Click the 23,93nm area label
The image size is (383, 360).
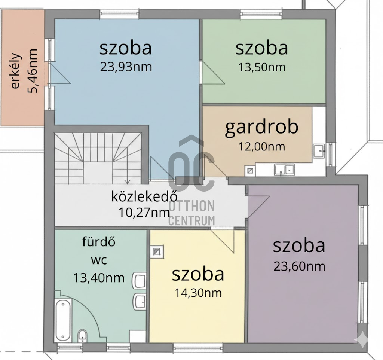126,67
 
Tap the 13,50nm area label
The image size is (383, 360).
262,67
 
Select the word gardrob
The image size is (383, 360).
261,127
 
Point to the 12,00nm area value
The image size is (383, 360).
261,147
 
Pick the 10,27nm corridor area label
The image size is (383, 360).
144,213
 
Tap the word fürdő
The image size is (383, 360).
99,242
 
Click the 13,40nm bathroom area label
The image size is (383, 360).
99,278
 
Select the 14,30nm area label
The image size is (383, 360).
198,293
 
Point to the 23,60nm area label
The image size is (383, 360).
299,266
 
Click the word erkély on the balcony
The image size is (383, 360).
15,71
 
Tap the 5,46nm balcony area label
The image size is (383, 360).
33,71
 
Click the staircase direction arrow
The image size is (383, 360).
127,181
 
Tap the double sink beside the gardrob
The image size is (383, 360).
284,170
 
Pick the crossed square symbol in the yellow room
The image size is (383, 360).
157,252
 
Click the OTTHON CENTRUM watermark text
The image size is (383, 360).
192,213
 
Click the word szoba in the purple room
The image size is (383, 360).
299,246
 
